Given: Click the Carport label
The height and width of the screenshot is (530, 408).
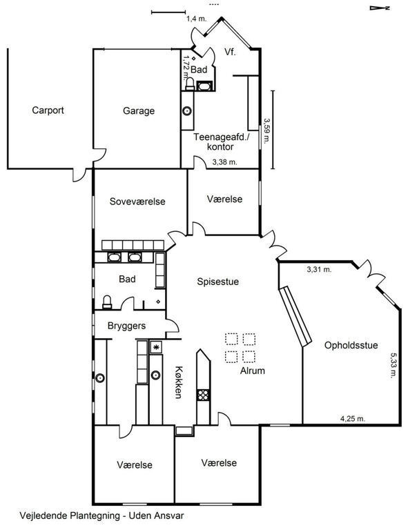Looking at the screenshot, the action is (x=48, y=110).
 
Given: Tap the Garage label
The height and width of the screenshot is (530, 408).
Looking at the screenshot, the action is (x=139, y=111).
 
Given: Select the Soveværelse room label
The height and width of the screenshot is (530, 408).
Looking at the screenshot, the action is (x=137, y=202).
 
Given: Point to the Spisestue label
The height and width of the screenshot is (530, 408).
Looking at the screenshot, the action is (x=218, y=282).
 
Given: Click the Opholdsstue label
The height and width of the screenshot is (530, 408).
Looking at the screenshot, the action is (x=351, y=346).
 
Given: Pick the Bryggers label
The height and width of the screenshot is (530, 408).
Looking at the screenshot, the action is (x=127, y=326).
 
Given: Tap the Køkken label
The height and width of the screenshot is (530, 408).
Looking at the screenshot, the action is (x=179, y=382).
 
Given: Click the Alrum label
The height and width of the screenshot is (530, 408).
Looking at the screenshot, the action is (x=253, y=371).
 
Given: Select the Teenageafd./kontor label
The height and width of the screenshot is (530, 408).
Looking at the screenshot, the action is (x=221, y=142).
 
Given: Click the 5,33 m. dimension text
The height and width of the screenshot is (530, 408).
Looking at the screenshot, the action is (x=394, y=365).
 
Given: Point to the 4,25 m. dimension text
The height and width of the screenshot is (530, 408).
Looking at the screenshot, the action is (x=353, y=419).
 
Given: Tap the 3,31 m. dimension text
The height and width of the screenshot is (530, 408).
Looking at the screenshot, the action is (x=319, y=270).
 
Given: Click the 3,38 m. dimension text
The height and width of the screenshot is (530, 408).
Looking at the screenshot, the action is (x=225, y=162).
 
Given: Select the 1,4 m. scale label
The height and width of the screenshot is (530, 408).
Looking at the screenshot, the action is (x=196, y=19).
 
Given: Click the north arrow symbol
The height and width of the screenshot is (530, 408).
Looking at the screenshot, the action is (x=380, y=8).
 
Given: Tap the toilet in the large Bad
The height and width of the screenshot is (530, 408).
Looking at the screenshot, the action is (x=107, y=302).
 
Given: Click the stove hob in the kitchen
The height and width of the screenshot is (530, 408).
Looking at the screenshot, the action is (x=203, y=395).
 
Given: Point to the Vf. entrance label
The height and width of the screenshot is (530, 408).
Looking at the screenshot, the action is (x=230, y=52).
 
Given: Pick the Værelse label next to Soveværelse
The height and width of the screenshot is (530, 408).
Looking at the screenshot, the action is (x=225, y=199).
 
